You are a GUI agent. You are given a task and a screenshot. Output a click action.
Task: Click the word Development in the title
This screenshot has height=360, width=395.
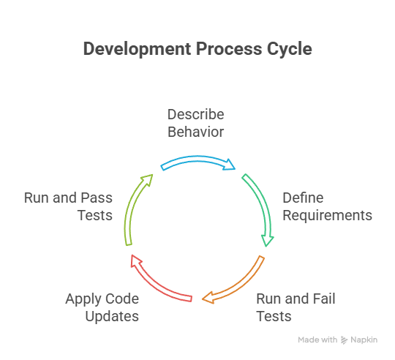[137, 49]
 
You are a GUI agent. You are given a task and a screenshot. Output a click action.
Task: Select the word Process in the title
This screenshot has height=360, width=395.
[229, 48]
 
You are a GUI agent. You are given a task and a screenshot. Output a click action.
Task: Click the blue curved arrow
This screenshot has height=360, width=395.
[197, 159]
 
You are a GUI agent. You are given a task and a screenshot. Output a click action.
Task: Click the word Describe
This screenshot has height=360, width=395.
[196, 115]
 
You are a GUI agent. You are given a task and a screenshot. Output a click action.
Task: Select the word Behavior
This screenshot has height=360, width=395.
[196, 132]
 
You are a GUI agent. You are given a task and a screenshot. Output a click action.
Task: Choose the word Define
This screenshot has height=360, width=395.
[303, 198]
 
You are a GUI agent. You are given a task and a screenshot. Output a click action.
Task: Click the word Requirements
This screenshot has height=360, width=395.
[327, 216]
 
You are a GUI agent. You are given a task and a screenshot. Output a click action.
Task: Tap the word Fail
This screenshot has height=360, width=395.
[324, 299]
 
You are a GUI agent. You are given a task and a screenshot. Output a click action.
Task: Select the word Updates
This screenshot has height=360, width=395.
[112, 317]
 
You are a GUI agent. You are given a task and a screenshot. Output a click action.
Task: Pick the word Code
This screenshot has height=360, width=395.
[122, 299]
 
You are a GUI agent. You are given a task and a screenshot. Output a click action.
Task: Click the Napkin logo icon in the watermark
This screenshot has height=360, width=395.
[344, 340]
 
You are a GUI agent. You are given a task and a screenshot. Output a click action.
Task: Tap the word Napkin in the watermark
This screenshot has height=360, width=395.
[364, 340]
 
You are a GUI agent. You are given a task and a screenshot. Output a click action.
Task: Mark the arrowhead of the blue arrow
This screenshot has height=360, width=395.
[229, 165]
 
